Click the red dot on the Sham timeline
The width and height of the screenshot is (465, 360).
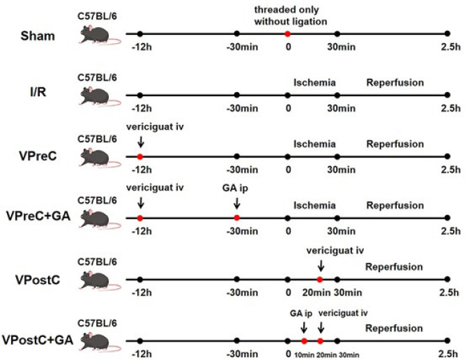[x=287, y=33]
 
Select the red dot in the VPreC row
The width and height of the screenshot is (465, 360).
[x=139, y=156]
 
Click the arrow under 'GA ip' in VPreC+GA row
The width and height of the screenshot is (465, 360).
[x=237, y=203]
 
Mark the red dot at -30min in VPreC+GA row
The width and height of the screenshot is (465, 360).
[x=237, y=218]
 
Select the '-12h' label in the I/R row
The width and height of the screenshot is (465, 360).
[x=139, y=109]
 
